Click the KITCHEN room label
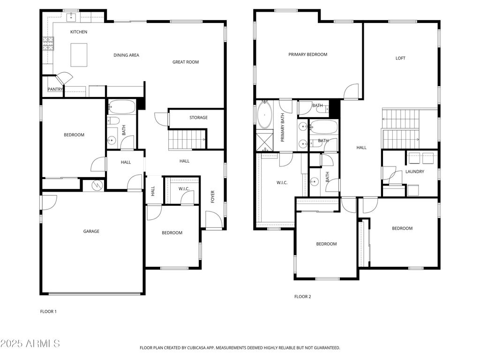pos(79,32)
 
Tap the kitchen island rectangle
pos(79,55)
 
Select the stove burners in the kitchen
pos(48,44)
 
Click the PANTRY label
pos(55,90)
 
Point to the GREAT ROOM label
pos(186,62)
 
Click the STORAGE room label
pos(198,118)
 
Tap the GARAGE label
pos(91,231)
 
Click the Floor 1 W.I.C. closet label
pos(183,189)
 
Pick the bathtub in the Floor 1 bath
pos(121,107)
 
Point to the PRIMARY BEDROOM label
pos(307,54)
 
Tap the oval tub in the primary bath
pos(265,115)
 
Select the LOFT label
pos(400,58)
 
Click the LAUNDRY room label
pos(415,172)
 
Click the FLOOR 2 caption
pos(302,296)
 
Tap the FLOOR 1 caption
pos(48,311)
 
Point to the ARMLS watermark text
pos(30,344)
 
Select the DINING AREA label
pos(127,55)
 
